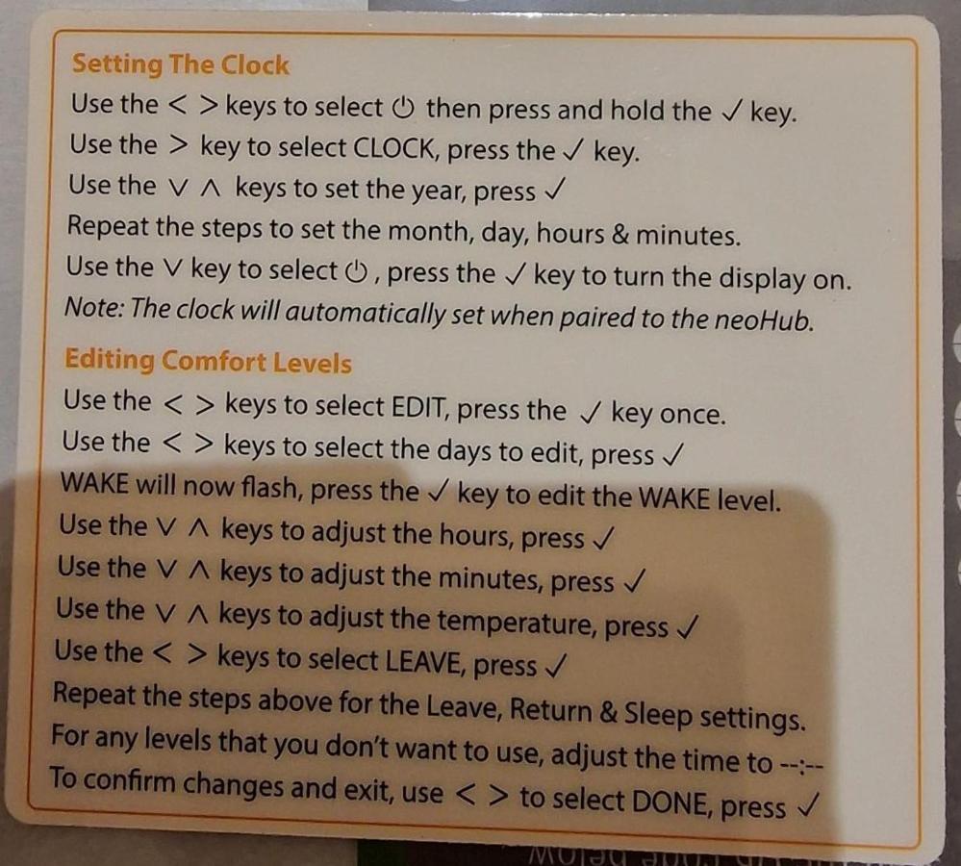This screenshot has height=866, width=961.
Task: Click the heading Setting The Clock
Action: click(x=180, y=64)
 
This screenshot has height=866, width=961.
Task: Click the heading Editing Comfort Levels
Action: click(x=209, y=361)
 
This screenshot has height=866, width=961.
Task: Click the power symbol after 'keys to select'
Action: click(x=403, y=109)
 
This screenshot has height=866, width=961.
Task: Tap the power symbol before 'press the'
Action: click(x=356, y=270)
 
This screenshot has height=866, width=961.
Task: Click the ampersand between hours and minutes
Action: click(x=620, y=235)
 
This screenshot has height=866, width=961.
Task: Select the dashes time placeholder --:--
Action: click(x=800, y=764)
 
